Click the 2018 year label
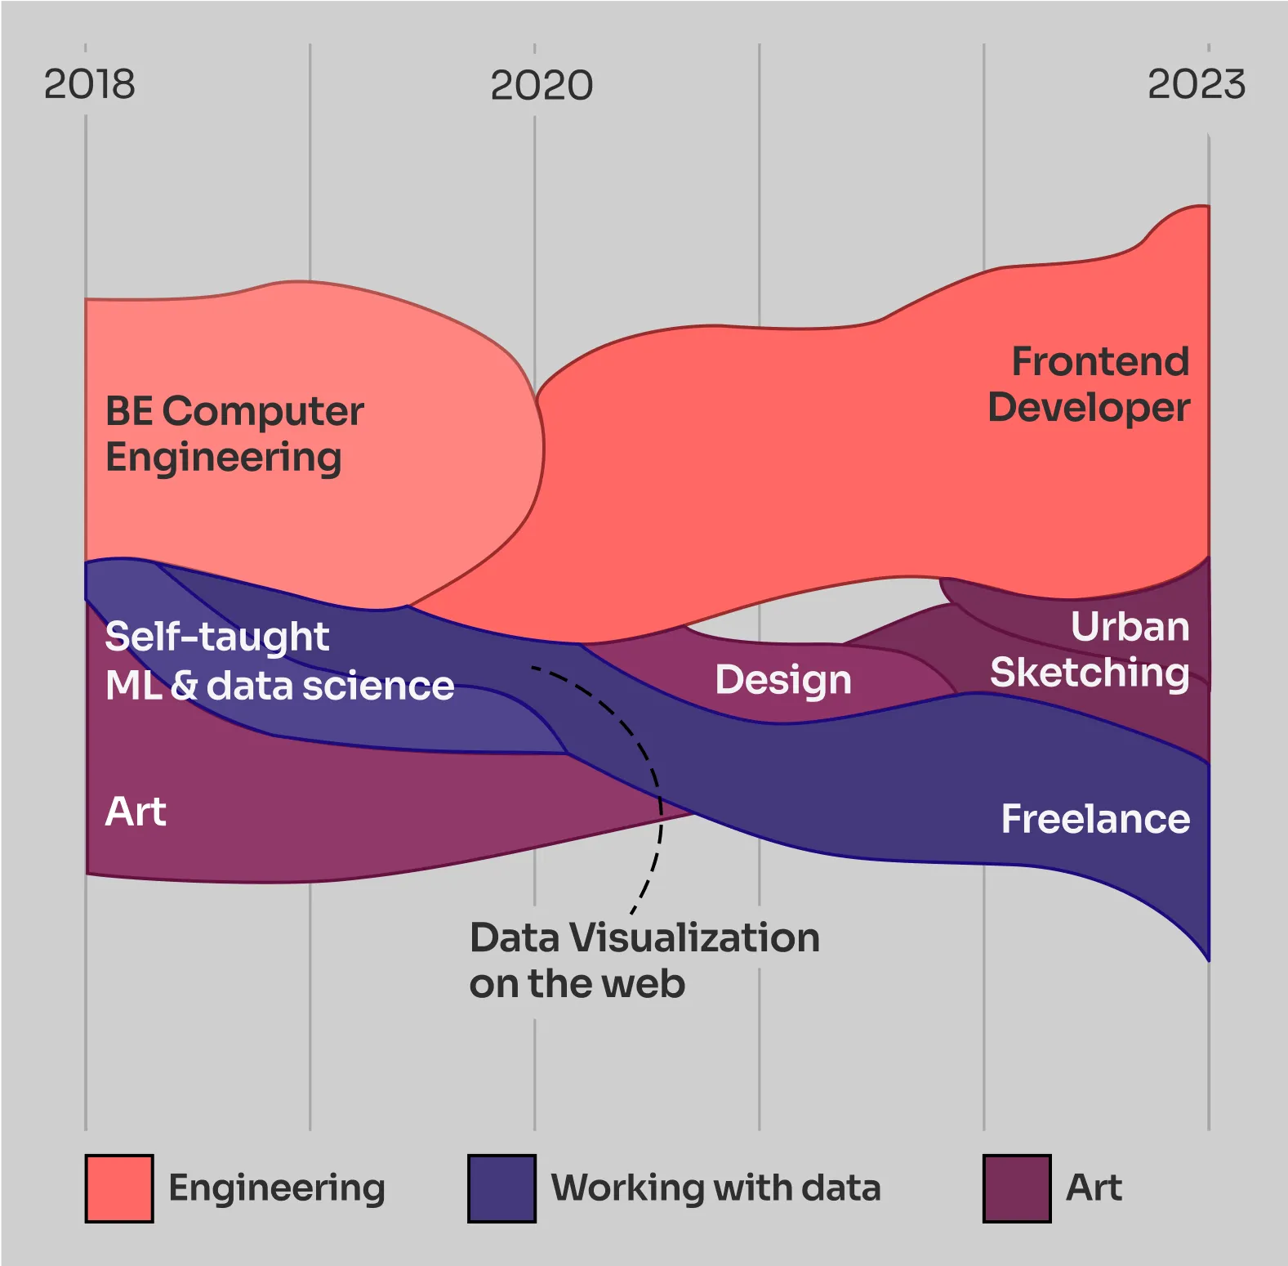[x=89, y=84]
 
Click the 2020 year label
[x=541, y=85]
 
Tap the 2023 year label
[x=1196, y=84]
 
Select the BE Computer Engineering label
[x=234, y=434]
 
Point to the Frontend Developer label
[x=1089, y=384]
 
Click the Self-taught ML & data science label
[x=279, y=661]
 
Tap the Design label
[x=782, y=680]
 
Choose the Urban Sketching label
[x=1090, y=650]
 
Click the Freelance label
[x=1094, y=819]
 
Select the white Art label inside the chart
[x=136, y=812]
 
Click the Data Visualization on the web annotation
[x=644, y=960]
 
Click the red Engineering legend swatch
[x=119, y=1188]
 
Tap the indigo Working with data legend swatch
[x=501, y=1188]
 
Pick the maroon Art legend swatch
[x=1016, y=1188]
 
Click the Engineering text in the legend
[x=276, y=1188]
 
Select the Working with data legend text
[x=715, y=1188]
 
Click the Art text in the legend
[x=1094, y=1188]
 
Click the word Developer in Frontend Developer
[x=1089, y=408]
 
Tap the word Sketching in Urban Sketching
[x=1090, y=673]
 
